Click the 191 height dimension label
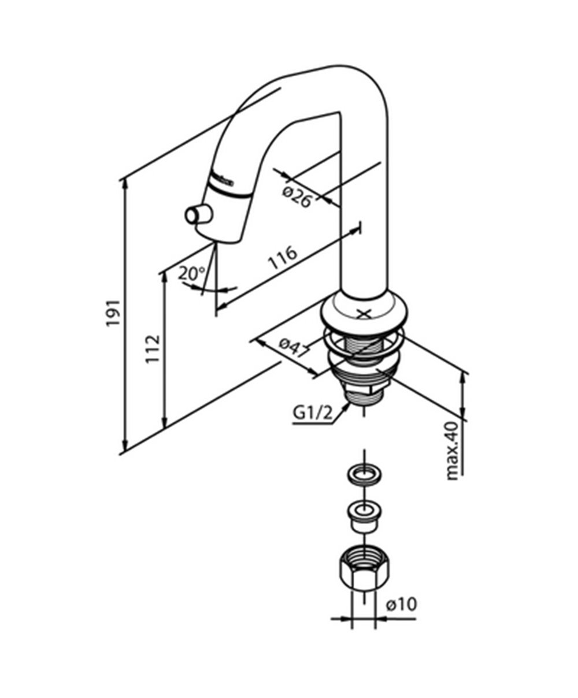pos(113,313)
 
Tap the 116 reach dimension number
pos(283,259)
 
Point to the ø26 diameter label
pos(297,195)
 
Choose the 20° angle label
pos(190,273)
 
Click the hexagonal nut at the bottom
pos(363,567)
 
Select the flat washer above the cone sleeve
pos(364,475)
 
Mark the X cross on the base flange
pos(364,314)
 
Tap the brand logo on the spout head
pos(223,179)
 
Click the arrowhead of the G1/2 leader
pos(347,405)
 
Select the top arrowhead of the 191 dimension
pos(124,182)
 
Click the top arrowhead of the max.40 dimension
pos(462,374)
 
